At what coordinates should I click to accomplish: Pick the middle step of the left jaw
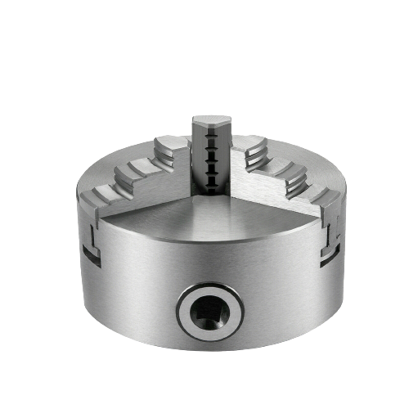(131, 173)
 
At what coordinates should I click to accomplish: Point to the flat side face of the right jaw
(278, 192)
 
